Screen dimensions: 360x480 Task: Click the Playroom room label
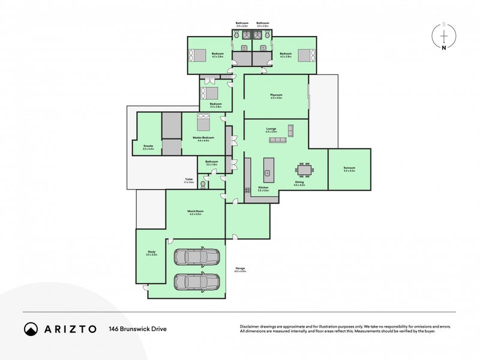coord(276,95)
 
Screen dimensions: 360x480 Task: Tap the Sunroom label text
coord(349,168)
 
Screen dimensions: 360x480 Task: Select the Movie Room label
coord(196,211)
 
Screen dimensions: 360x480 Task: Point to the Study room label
coord(151,252)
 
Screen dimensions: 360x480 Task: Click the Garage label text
coord(240,268)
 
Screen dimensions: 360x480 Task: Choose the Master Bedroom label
coord(200,137)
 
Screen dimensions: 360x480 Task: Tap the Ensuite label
coord(148,146)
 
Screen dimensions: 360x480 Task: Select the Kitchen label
coord(263,188)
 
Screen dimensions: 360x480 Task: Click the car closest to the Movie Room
coord(197,257)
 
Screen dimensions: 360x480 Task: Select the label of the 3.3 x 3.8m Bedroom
coord(215,104)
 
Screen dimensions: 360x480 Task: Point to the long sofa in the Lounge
coord(277,140)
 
